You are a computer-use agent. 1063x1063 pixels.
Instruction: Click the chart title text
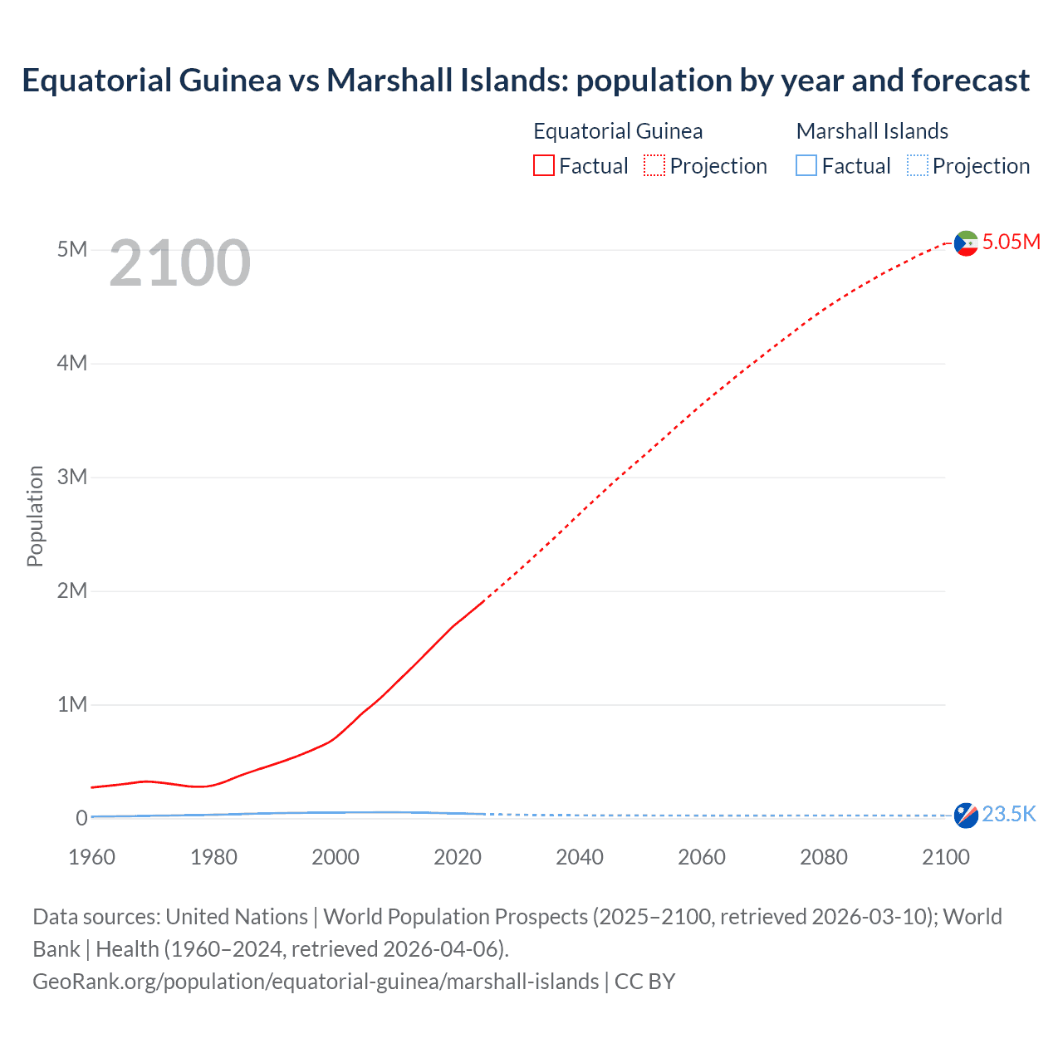click(x=526, y=81)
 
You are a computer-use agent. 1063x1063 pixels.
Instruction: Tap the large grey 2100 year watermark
click(x=179, y=263)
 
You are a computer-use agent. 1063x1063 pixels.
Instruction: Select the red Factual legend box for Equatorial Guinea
click(x=543, y=166)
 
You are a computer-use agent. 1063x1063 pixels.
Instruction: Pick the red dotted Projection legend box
click(x=654, y=166)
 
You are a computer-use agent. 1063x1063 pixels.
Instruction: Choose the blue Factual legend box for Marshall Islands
click(x=806, y=166)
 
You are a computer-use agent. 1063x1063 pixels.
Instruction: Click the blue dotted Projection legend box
click(x=917, y=166)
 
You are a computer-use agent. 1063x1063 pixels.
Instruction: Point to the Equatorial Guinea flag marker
click(x=966, y=243)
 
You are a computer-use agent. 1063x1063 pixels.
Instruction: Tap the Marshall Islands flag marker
click(x=966, y=816)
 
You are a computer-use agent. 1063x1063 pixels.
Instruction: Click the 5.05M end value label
click(x=1011, y=242)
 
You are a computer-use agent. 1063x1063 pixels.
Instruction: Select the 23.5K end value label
click(x=1009, y=814)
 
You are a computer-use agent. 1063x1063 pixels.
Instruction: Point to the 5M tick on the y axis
click(x=72, y=250)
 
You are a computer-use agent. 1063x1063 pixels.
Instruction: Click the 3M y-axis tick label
click(x=72, y=478)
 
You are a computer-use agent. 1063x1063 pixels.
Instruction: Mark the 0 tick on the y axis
click(x=81, y=818)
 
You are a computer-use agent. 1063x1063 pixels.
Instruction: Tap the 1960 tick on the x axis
click(x=91, y=857)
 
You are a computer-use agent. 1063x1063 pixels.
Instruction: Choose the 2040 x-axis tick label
click(x=580, y=857)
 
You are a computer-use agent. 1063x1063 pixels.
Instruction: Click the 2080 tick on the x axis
click(x=824, y=857)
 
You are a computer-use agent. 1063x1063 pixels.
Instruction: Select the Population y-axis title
click(x=35, y=517)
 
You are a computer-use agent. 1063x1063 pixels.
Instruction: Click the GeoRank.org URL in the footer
click(x=316, y=982)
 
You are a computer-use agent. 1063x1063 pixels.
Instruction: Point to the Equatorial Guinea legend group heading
click(x=618, y=131)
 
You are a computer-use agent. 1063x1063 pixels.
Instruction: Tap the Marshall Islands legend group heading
click(x=872, y=131)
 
